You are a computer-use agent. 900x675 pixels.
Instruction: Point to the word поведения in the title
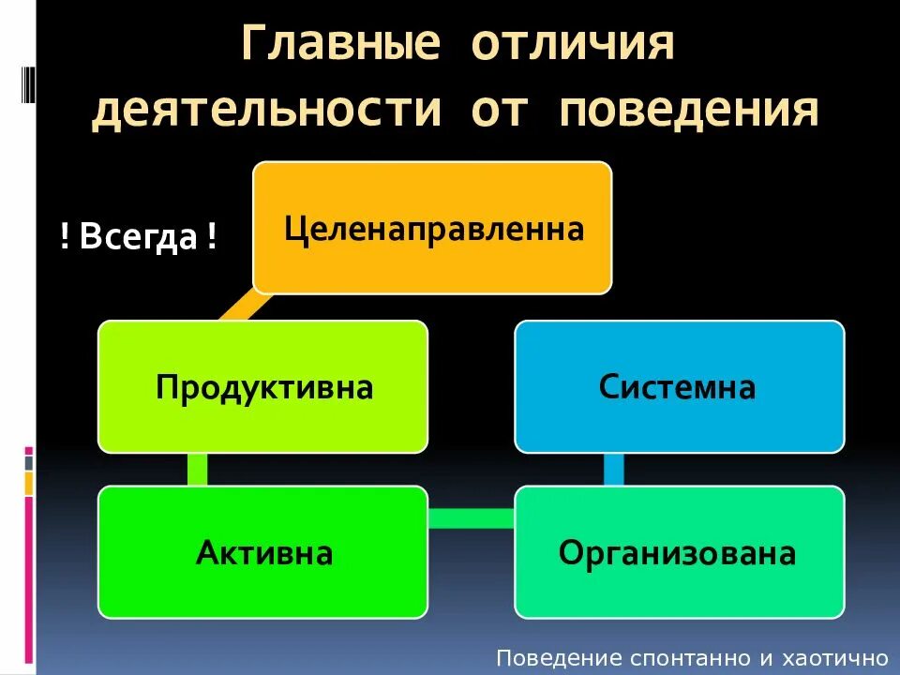coord(689,110)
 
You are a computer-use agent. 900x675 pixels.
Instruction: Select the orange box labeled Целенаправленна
coord(432,228)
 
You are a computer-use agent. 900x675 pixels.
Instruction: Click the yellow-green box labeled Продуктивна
coord(263,386)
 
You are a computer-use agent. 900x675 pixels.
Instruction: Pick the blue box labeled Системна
coord(679,386)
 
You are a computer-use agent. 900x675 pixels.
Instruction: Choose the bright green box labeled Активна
coord(263,552)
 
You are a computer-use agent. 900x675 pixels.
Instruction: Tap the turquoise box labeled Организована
coord(679,552)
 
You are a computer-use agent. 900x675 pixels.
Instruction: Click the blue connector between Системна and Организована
coord(614,469)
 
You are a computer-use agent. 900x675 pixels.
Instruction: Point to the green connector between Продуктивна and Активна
coord(198,469)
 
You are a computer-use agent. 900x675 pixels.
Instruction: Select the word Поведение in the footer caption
coord(545,658)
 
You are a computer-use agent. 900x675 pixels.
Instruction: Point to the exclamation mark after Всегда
coord(212,237)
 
